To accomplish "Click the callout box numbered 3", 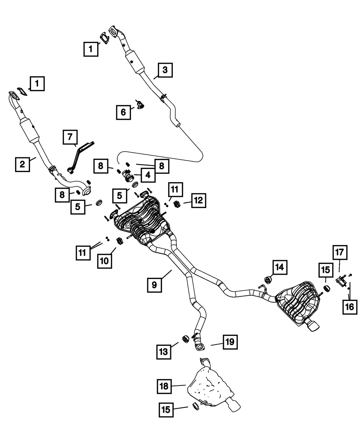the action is tap(165, 70).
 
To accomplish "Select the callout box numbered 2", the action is tap(22, 164).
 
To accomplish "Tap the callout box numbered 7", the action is tap(70, 137).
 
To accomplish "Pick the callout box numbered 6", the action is tap(123, 112).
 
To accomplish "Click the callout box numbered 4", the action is tap(148, 175).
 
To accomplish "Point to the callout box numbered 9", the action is tap(154, 285).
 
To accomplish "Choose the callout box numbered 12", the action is tap(199, 201).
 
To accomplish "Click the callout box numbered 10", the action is tap(104, 261).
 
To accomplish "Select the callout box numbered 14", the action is tap(280, 267).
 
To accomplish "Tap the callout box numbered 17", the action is tap(340, 252).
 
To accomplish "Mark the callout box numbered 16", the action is tap(350, 307).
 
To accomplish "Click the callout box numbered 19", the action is tap(230, 342).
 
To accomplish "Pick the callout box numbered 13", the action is tap(164, 352).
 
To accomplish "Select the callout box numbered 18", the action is tap(164, 386).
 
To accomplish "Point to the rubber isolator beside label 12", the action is tap(177, 204).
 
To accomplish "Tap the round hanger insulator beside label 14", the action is tap(268, 280).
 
